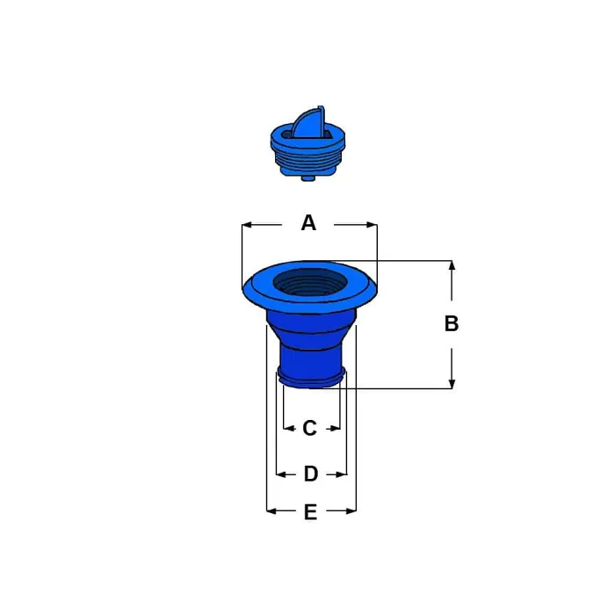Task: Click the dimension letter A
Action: coord(308,223)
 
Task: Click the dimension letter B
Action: coord(452,323)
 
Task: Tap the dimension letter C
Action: coord(309,428)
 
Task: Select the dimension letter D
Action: coord(311,474)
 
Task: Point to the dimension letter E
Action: coord(310,512)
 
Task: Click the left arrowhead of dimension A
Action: coord(247,225)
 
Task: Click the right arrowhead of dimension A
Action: coord(372,225)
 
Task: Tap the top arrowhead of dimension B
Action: coord(452,265)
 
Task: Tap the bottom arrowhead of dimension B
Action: coord(452,384)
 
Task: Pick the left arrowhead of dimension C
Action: coord(288,429)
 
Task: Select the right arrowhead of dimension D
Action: coord(342,474)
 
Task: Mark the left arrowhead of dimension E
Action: coord(271,511)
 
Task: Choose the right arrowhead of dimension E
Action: coord(351,511)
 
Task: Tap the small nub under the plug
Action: coord(308,177)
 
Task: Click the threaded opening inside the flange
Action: coord(310,282)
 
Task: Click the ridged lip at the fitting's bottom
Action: coord(311,378)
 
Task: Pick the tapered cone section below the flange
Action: coord(311,327)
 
